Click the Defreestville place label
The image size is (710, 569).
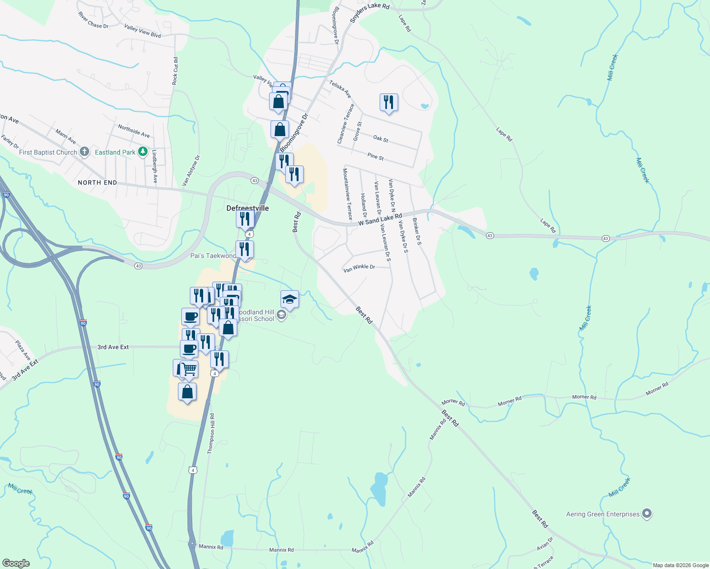[x=247, y=208]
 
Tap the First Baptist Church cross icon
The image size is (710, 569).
[x=84, y=152]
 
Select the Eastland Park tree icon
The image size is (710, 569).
[x=142, y=152]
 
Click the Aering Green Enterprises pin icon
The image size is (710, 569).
[x=647, y=514]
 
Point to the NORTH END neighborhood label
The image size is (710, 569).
[x=97, y=183]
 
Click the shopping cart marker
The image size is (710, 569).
[x=189, y=368]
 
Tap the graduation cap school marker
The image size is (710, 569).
[x=290, y=300]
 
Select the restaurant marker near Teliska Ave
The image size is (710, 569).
[x=389, y=102]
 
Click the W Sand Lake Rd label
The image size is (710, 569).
[x=380, y=220]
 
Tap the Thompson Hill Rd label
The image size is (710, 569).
[x=211, y=434]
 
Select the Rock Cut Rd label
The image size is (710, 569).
[x=175, y=71]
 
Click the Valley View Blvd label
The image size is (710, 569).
[x=142, y=31]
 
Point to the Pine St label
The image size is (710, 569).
[x=375, y=156]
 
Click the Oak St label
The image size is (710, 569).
[x=381, y=139]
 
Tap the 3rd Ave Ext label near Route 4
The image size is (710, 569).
[x=113, y=347]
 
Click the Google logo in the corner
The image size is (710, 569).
[x=16, y=563]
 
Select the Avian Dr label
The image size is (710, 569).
[x=545, y=544]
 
